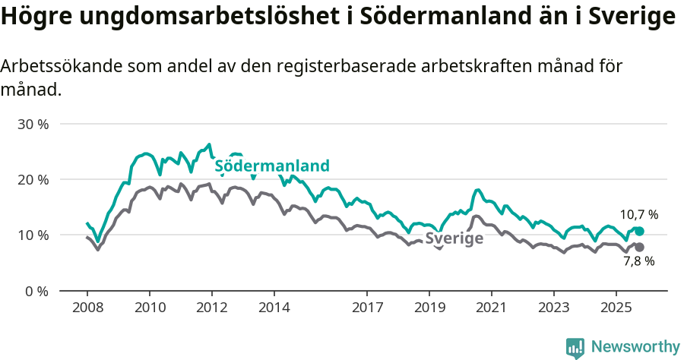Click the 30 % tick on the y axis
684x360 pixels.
click(33, 124)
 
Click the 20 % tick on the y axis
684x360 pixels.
click(33, 179)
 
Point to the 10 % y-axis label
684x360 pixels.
click(33, 235)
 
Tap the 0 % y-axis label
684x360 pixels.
click(36, 291)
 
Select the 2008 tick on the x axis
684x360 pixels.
click(87, 308)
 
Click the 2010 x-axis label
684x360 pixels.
click(150, 308)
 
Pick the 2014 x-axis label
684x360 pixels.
click(274, 308)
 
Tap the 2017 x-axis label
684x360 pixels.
click(367, 308)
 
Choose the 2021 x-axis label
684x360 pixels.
click(491, 308)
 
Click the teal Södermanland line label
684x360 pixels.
click(272, 166)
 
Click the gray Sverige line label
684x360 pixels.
click(454, 238)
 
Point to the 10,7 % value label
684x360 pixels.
click(638, 215)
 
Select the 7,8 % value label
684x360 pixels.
click(638, 261)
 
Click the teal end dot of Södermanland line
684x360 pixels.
click(639, 231)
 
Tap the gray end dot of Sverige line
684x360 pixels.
click(639, 247)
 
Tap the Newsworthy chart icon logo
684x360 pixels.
click(575, 347)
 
